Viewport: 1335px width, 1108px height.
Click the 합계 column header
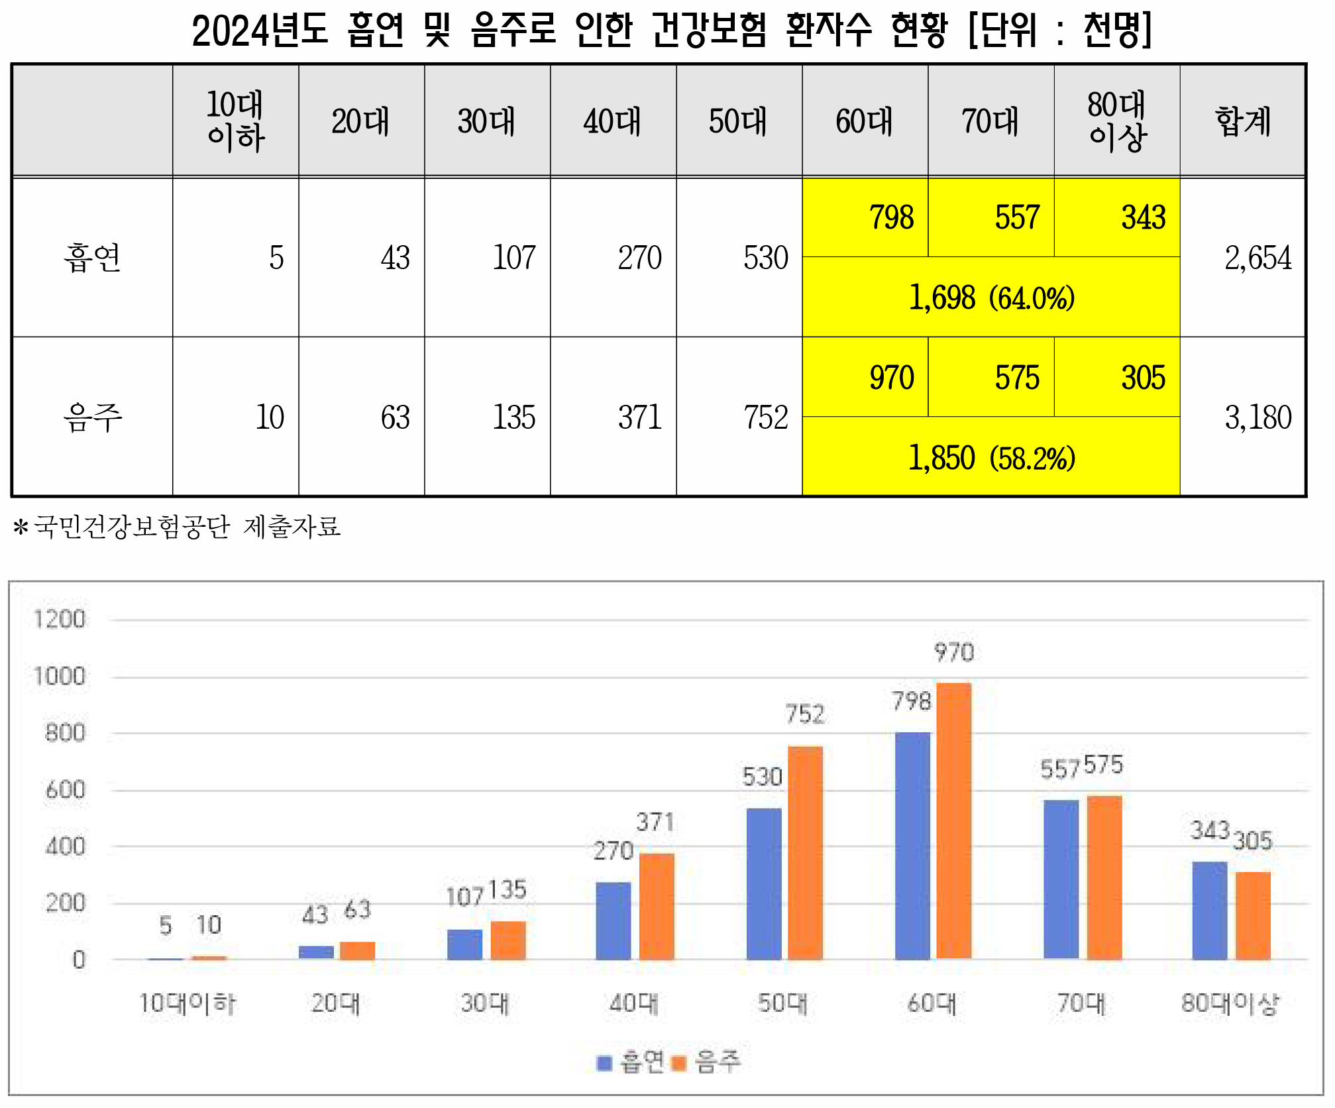(1243, 121)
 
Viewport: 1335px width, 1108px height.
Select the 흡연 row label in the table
(92, 258)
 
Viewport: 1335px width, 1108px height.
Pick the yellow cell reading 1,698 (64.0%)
(991, 298)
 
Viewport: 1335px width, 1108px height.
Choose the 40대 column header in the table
(613, 121)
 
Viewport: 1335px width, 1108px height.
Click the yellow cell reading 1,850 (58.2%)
(991, 458)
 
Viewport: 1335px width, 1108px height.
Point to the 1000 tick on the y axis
(60, 677)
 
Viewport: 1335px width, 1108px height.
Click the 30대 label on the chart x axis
(485, 1003)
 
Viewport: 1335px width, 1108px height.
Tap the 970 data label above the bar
(954, 653)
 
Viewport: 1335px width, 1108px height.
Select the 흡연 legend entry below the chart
(633, 1062)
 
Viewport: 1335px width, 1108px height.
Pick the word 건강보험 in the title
(709, 30)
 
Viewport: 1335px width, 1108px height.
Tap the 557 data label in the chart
(1060, 769)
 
